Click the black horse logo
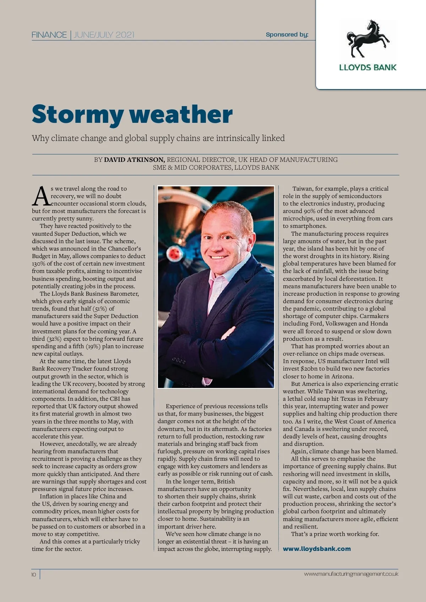[x=368, y=38]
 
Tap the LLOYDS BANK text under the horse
[x=368, y=67]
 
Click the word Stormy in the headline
[x=77, y=114]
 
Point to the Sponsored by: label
[x=287, y=34]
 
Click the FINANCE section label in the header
[x=49, y=35]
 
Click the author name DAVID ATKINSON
[x=134, y=160]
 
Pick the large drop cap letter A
[x=41, y=196]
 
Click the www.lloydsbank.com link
[x=317, y=549]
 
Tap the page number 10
[x=34, y=575]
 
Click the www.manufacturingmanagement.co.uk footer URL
[x=351, y=574]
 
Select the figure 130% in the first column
[x=39, y=264]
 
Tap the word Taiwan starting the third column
[x=302, y=189]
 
